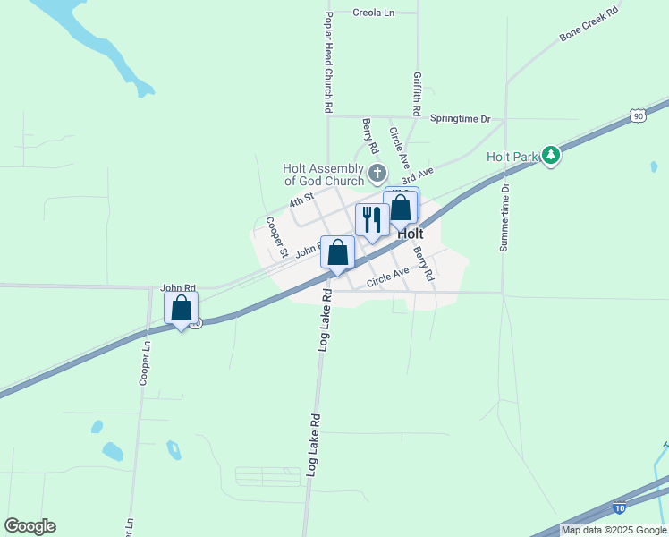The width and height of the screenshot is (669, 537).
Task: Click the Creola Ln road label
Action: (x=374, y=13)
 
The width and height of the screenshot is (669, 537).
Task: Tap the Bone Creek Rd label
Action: (x=589, y=24)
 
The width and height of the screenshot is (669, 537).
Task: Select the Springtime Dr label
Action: (x=461, y=118)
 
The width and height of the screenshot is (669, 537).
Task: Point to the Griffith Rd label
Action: (x=417, y=92)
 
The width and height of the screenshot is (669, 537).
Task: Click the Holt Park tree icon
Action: (x=552, y=156)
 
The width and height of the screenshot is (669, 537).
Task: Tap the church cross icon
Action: (x=377, y=172)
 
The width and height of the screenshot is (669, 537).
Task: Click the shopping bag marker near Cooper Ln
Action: (x=182, y=308)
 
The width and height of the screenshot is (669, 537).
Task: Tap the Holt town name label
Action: (x=410, y=233)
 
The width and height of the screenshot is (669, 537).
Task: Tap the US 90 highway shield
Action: (x=636, y=115)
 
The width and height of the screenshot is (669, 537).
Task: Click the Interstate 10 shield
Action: (x=619, y=508)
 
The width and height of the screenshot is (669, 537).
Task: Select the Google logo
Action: (x=30, y=526)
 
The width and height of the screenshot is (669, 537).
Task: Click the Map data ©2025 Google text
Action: (x=614, y=530)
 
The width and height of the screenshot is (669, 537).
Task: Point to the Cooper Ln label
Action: (x=143, y=361)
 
